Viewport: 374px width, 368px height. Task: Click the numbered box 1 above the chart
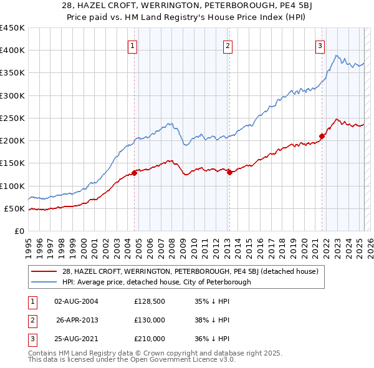click(133, 46)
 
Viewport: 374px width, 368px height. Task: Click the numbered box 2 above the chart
click(228, 46)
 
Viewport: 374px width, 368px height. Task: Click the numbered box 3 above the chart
click(320, 46)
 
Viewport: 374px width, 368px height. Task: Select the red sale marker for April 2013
click(229, 172)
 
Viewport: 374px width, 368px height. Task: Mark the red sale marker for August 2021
click(322, 136)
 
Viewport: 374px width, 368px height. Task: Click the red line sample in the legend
click(43, 271)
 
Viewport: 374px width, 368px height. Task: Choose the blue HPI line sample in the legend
click(43, 282)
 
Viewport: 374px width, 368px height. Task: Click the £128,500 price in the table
click(150, 301)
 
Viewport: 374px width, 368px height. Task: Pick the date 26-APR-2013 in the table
click(77, 320)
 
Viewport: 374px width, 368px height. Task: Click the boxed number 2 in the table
click(31, 320)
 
